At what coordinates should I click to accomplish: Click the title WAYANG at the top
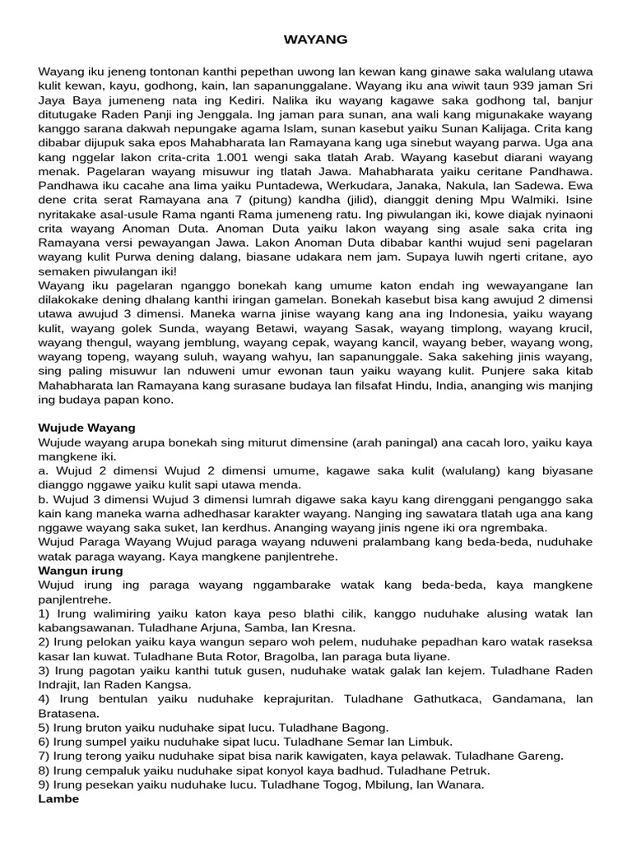tap(316, 39)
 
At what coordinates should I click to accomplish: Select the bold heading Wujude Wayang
tap(87, 428)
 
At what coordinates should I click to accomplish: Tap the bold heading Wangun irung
tap(81, 570)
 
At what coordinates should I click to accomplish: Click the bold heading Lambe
tap(59, 798)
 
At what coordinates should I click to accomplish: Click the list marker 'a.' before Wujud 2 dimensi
tap(44, 470)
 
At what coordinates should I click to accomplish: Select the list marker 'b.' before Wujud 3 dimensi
tap(44, 499)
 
